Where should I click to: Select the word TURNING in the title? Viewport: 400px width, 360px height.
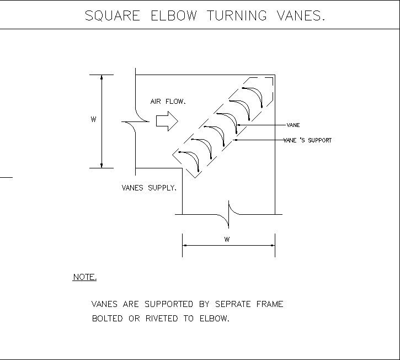click(238, 16)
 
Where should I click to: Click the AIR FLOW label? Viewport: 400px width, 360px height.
click(168, 102)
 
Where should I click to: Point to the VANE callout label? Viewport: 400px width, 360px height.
click(293, 125)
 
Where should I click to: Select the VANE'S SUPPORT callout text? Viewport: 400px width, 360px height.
click(307, 140)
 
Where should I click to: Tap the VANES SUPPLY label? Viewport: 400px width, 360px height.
click(149, 188)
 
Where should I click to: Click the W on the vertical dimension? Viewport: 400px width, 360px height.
click(93, 119)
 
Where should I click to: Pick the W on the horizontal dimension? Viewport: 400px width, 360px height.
click(227, 239)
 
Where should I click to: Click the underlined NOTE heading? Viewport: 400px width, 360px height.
click(84, 277)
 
